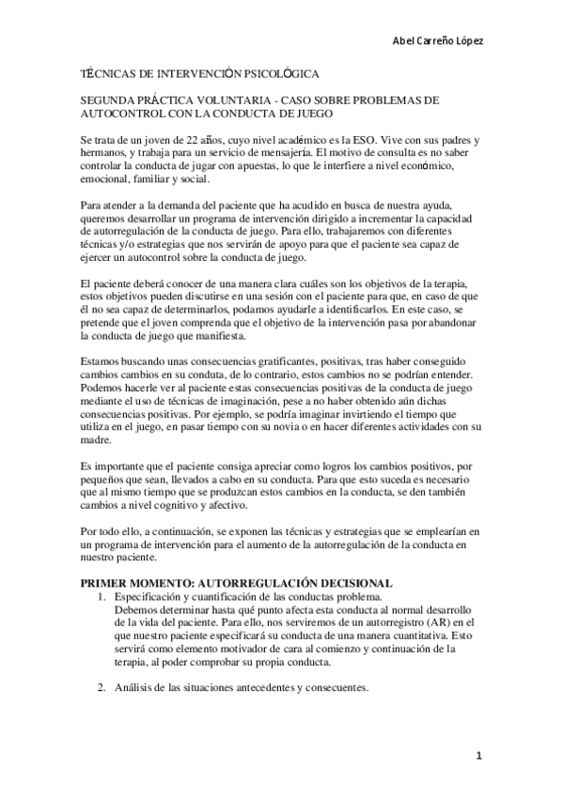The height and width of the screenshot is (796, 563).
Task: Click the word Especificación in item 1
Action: (149, 596)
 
